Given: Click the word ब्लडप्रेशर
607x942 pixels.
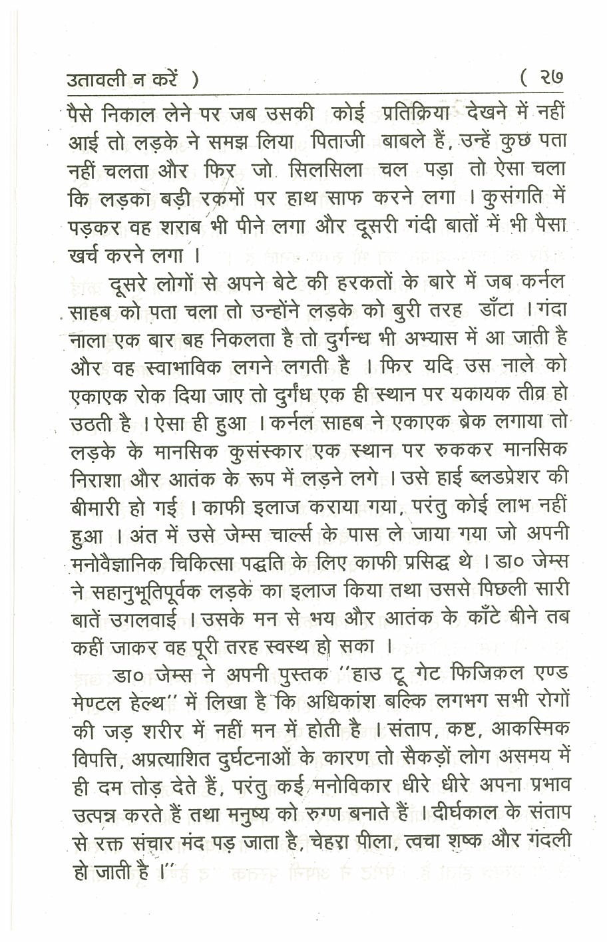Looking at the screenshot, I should tap(503, 478).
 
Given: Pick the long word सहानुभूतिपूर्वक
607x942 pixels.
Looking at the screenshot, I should tap(153, 591).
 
